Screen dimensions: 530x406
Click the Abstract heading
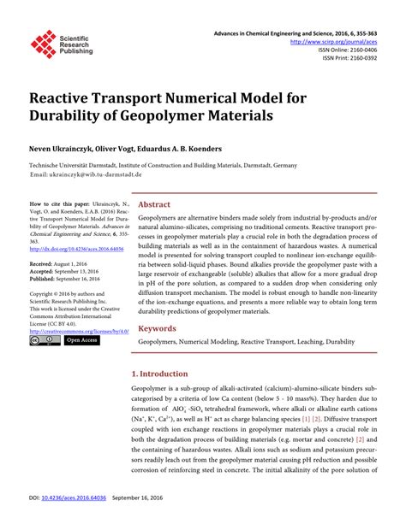click(154, 205)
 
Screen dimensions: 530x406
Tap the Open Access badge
click(81, 340)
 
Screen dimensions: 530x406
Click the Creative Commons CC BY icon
click(43, 340)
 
